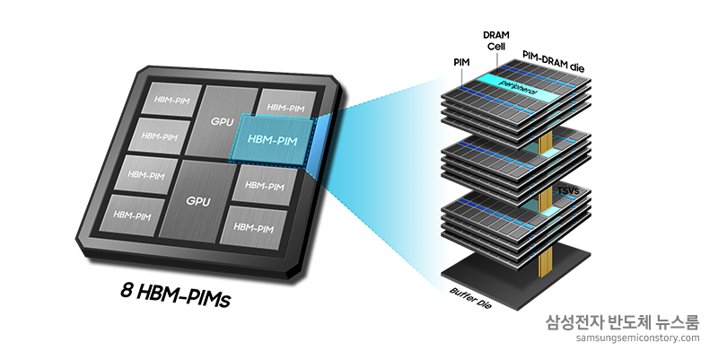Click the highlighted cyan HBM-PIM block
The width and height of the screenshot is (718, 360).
coord(273,140)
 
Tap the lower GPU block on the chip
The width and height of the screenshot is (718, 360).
coord(196,200)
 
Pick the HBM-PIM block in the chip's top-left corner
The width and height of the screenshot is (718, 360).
coord(171,99)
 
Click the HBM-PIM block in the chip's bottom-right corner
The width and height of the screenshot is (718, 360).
coord(253,227)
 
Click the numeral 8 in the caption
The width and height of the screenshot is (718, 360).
coord(126,290)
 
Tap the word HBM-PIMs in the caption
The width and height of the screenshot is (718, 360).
coord(183,296)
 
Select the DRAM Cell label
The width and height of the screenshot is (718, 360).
coord(496,40)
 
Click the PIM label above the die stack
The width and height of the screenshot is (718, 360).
coord(461,62)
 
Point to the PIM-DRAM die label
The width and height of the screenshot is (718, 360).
coord(553,61)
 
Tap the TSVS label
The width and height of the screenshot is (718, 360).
coord(568,190)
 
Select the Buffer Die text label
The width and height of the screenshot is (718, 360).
coord(470,297)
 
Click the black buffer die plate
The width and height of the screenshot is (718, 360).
coord(515,275)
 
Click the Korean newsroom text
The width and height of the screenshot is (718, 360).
coord(622,322)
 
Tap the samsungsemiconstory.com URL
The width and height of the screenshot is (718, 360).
coord(638,338)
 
